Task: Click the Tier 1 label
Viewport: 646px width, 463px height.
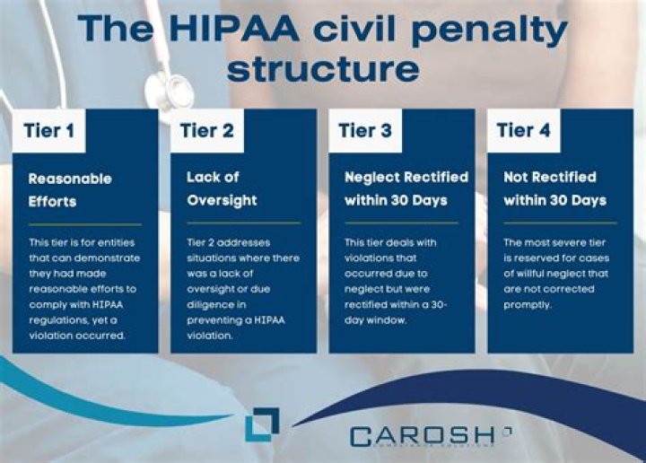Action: [x=49, y=130]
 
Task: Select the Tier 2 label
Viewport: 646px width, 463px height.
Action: [x=207, y=130]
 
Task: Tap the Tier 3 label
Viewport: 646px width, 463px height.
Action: [x=365, y=130]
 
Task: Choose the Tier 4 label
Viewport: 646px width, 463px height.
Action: [x=523, y=130]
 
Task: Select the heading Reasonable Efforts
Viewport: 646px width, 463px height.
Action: [x=70, y=189]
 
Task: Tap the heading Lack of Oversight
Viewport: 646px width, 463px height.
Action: [x=221, y=188]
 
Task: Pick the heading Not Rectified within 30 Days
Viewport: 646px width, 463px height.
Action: [x=554, y=188]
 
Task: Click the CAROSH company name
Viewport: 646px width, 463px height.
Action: [x=422, y=436]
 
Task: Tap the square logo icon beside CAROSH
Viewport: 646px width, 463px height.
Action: [x=261, y=424]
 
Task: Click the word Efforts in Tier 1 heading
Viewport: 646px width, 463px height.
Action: [x=52, y=201]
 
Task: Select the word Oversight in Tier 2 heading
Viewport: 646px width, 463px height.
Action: [x=221, y=200]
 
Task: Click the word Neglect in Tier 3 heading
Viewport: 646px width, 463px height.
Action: [x=371, y=178]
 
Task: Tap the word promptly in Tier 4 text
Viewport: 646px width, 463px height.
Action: [x=528, y=304]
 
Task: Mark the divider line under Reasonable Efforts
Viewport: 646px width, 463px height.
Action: [x=84, y=223]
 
